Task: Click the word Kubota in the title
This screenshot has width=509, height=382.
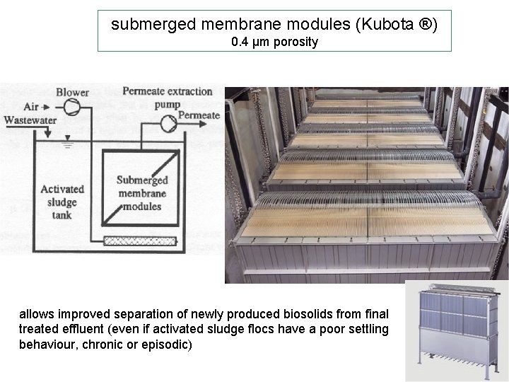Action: click(x=386, y=25)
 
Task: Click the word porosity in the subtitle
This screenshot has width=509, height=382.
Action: click(x=296, y=42)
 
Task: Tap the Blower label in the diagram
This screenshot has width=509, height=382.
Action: click(x=73, y=92)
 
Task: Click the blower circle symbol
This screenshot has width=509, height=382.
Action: click(x=71, y=107)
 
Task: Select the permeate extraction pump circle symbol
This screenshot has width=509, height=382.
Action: click(x=168, y=123)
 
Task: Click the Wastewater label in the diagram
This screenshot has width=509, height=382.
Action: click(x=30, y=120)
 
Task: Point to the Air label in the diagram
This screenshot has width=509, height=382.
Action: click(x=31, y=107)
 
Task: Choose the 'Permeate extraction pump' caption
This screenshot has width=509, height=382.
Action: click(x=167, y=98)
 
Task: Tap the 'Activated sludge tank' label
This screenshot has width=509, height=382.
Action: click(x=62, y=202)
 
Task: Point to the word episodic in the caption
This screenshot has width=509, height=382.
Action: click(x=168, y=345)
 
